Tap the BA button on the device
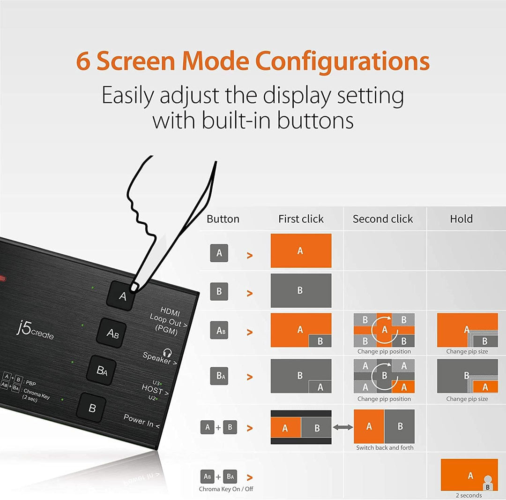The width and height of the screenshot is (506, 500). click(x=102, y=371)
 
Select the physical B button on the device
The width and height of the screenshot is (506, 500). click(x=92, y=408)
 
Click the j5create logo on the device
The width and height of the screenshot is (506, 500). click(x=35, y=331)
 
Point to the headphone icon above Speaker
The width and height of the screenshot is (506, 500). click(x=167, y=352)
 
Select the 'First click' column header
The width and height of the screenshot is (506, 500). click(x=301, y=219)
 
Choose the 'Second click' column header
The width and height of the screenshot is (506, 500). click(x=383, y=219)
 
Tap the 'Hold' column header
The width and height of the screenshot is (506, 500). click(x=461, y=219)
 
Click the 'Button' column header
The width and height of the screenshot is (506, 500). click(x=223, y=219)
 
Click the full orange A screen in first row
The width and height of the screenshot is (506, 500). click(x=301, y=251)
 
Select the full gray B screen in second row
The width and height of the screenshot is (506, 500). click(x=301, y=290)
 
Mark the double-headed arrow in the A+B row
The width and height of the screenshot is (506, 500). click(x=342, y=427)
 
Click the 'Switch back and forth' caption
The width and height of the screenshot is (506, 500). click(x=385, y=448)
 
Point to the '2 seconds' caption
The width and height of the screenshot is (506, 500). click(x=469, y=495)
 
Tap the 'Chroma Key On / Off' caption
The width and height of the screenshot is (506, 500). click(x=226, y=489)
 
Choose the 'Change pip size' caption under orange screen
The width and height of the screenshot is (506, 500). click(x=467, y=351)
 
